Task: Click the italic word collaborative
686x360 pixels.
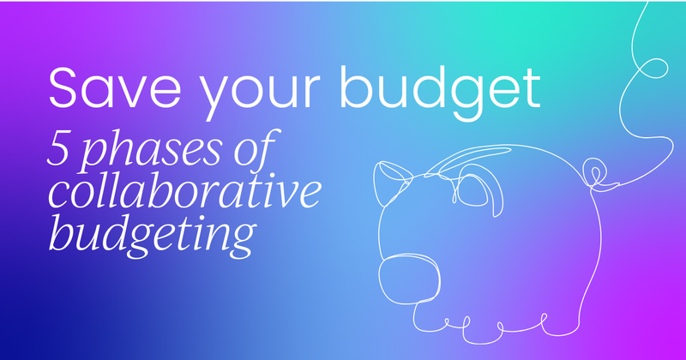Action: tap(184, 189)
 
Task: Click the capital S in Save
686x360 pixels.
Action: tap(65, 87)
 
